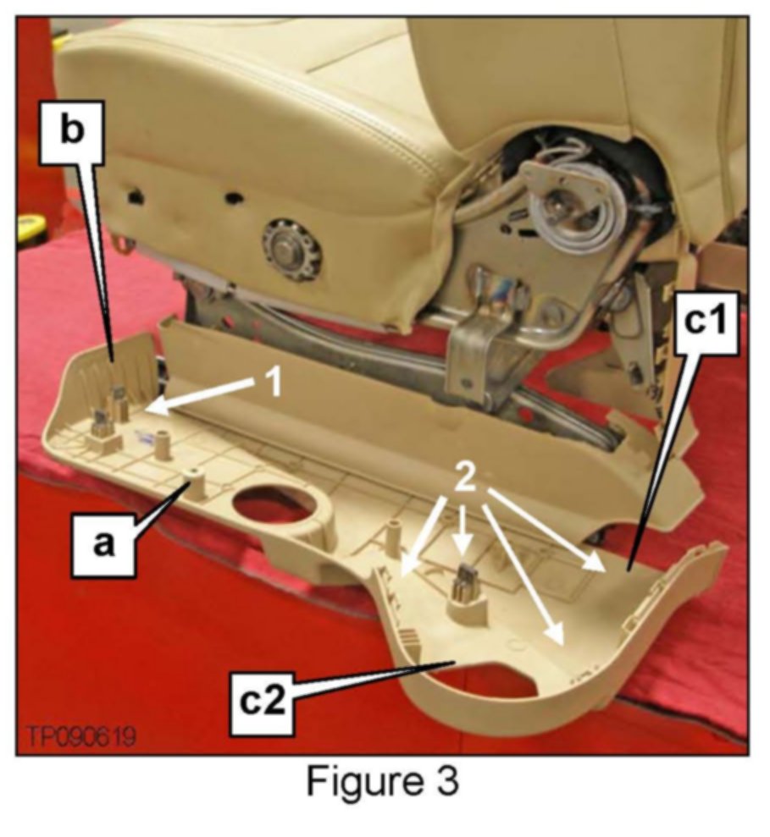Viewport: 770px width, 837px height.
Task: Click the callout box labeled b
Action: [x=72, y=130]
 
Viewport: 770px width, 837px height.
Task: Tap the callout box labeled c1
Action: [x=706, y=322]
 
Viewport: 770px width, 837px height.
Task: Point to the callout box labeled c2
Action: [x=263, y=701]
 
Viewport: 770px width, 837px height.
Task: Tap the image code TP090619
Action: [x=81, y=736]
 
